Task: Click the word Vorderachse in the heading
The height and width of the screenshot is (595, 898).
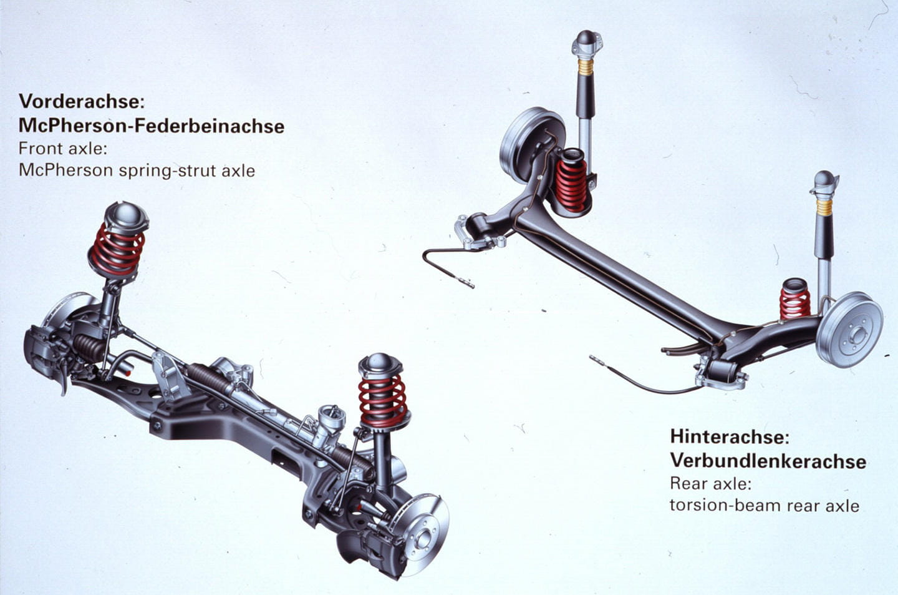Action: pos(79,101)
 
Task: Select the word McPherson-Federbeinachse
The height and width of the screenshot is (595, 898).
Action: pos(152,125)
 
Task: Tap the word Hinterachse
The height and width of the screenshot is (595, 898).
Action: pos(727,436)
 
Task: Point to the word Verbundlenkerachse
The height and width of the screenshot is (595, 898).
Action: pos(768,461)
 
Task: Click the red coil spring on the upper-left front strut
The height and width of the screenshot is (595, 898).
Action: pos(117,250)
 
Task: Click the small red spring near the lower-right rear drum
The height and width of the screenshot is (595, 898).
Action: pos(794,304)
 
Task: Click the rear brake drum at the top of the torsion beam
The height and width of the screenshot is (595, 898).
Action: pos(529,144)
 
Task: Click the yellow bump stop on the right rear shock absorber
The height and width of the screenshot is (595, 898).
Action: pos(824,207)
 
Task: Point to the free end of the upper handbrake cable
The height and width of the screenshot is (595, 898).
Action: pos(470,285)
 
